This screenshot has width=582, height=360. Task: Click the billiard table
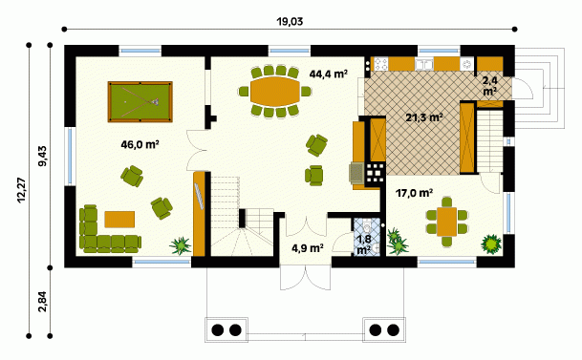pyautogui.click(x=140, y=101)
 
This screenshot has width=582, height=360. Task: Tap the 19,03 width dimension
pyautogui.click(x=290, y=22)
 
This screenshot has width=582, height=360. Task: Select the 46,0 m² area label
pyautogui.click(x=140, y=144)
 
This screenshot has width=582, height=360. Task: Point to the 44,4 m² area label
pyautogui.click(x=329, y=74)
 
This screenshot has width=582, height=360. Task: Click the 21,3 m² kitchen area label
pyautogui.click(x=424, y=117)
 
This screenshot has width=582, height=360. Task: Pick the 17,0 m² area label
pyautogui.click(x=414, y=193)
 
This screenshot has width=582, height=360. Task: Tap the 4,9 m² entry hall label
pyautogui.click(x=308, y=247)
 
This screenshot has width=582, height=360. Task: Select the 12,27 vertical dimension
pyautogui.click(x=22, y=190)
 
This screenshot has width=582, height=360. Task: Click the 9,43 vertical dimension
pyautogui.click(x=43, y=156)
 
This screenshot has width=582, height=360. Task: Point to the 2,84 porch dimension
pyautogui.click(x=43, y=302)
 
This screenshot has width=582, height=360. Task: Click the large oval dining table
pyautogui.click(x=275, y=92)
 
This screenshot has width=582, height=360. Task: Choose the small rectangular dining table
pyautogui.click(x=446, y=222)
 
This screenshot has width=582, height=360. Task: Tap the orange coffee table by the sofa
pyautogui.click(x=119, y=219)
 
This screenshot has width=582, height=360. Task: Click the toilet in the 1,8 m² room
pyautogui.click(x=367, y=225)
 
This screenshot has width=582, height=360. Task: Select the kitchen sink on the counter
pyautogui.click(x=424, y=64)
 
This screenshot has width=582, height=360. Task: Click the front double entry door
pyautogui.click(x=305, y=277)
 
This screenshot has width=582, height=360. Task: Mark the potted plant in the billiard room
pyautogui.click(x=181, y=245)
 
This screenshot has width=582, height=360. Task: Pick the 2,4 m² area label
pyautogui.click(x=490, y=85)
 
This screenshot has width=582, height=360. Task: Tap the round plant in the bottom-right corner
pyautogui.click(x=490, y=244)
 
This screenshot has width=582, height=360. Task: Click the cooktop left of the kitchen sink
pyautogui.click(x=380, y=64)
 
